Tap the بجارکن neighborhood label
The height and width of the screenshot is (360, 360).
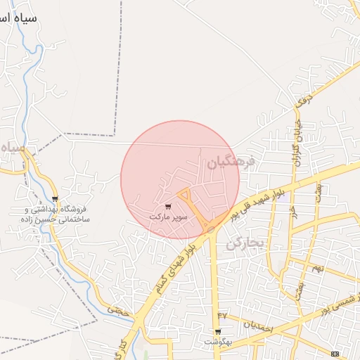[x=244, y=244]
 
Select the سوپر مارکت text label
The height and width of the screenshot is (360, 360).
[x=168, y=217]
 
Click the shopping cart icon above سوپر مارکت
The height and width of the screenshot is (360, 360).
[x=167, y=207]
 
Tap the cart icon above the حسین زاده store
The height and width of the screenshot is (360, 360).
[x=56, y=199]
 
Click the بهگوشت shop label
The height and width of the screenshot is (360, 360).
[x=218, y=342]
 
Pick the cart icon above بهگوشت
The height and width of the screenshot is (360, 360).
[x=218, y=332]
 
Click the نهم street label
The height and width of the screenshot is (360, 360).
[x=318, y=269]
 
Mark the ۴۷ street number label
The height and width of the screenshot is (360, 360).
[x=223, y=314]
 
